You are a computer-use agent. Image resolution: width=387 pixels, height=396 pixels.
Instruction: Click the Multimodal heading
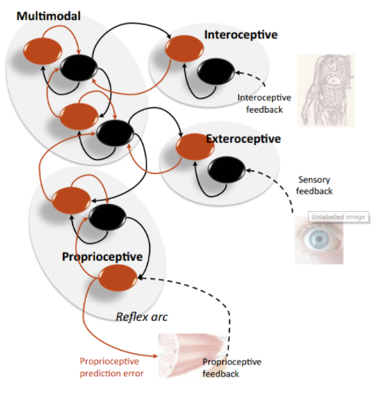(48, 16)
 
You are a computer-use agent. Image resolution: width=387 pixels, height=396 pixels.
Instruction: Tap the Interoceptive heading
(241, 35)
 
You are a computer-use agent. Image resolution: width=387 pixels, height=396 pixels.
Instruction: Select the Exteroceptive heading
(244, 139)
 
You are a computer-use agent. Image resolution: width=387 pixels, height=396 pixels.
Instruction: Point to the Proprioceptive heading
(102, 257)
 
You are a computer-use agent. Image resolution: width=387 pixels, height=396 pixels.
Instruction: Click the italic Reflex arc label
(142, 317)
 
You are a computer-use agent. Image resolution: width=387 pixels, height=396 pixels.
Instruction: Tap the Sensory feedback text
(314, 185)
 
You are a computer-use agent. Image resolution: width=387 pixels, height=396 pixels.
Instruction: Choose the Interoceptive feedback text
(264, 104)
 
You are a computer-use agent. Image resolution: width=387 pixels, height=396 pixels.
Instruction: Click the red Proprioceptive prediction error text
(112, 368)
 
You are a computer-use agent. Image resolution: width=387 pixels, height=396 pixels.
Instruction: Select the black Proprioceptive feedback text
(232, 368)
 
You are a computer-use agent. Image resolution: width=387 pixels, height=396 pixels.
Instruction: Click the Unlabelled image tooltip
(339, 217)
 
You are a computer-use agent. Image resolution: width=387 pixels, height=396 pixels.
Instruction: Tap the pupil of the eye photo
(319, 239)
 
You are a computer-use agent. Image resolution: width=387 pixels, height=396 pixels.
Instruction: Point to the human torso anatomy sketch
(326, 91)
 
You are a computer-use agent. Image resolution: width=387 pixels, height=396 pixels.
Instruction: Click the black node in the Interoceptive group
(216, 71)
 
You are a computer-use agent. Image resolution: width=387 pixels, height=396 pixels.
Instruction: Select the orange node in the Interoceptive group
(184, 48)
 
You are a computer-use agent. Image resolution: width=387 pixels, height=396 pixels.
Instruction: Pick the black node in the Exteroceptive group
(227, 170)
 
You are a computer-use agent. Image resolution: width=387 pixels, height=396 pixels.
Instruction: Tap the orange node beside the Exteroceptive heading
(195, 147)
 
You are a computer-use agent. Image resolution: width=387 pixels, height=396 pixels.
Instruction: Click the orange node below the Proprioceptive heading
(118, 278)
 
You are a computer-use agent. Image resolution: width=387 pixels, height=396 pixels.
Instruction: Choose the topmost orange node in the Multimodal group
(42, 51)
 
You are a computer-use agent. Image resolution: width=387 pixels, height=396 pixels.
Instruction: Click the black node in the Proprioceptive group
(107, 217)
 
